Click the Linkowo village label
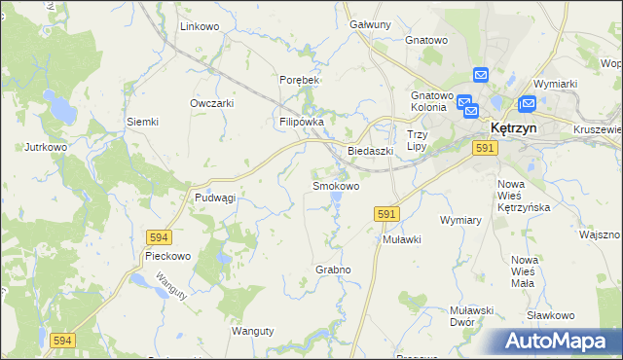[200, 26]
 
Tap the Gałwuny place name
[370, 24]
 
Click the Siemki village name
[142, 122]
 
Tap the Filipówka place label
[302, 122]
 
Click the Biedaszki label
[370, 151]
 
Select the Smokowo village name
[335, 185]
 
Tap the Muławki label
[401, 238]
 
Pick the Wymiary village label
[461, 220]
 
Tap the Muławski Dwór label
[475, 316]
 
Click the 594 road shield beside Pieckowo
[160, 236]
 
